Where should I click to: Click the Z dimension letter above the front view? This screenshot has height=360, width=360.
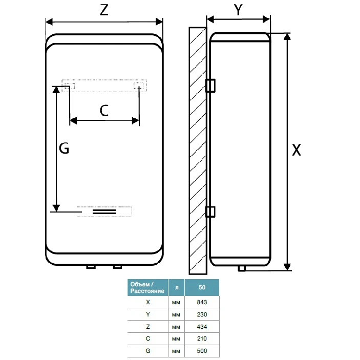104,10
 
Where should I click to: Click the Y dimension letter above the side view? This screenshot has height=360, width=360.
238,10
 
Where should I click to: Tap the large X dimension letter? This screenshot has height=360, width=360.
296,150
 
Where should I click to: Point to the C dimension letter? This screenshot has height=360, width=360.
104,111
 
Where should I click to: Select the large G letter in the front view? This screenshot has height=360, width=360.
64,148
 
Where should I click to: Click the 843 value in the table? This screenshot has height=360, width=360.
202,302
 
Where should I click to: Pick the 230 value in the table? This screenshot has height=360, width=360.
202,314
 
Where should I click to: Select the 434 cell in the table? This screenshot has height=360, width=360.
202,327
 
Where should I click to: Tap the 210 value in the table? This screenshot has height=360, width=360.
202,338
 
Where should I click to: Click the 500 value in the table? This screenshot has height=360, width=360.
202,351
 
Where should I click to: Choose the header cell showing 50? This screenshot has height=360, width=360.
202,287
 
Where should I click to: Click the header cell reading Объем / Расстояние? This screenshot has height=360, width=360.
147,287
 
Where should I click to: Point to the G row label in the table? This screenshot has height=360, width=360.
148,351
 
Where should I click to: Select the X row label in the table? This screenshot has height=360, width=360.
148,302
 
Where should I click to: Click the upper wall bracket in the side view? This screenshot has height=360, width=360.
210,86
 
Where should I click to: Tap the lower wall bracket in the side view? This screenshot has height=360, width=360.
210,211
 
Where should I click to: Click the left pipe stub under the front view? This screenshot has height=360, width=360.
91,267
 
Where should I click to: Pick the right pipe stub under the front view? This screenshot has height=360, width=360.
117,267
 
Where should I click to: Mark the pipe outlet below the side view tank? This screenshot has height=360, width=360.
242,268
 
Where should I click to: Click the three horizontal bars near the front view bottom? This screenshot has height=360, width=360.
104,211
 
